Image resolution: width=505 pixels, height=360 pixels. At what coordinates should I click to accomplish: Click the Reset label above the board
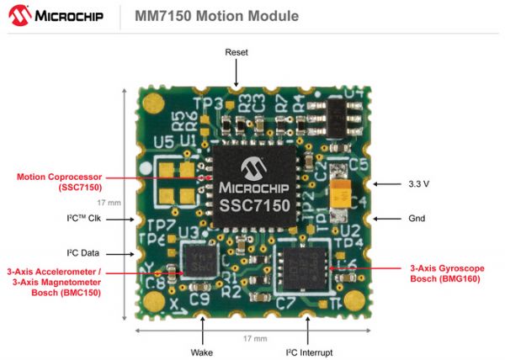coord(237,53)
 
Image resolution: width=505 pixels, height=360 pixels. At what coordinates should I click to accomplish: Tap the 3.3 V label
coord(418,183)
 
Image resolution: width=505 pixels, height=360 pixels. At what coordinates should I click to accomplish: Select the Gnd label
coord(415,219)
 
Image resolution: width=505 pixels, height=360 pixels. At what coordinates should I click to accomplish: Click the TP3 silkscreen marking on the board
coord(192,105)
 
